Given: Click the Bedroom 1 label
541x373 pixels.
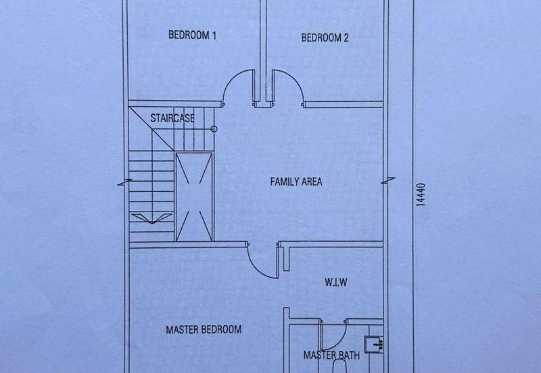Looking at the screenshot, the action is (x=192, y=35).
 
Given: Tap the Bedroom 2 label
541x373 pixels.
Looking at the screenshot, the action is (x=325, y=38).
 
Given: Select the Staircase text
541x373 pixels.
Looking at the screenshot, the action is (x=172, y=118).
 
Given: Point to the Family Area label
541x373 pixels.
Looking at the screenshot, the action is (x=296, y=182).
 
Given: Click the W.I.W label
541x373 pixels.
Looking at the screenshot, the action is (x=335, y=282).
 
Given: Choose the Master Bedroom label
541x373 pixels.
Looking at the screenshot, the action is (x=204, y=330).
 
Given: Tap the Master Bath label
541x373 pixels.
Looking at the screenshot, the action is (x=331, y=355).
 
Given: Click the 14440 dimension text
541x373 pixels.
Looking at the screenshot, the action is (x=421, y=195).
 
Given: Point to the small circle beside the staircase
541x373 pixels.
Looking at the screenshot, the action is (x=214, y=129).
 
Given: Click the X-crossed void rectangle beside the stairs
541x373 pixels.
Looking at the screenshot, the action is (x=194, y=197).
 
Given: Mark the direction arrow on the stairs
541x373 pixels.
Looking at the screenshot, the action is (x=151, y=218).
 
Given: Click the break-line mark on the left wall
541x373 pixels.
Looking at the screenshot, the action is (x=124, y=182).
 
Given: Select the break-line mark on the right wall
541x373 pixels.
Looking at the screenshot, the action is (x=388, y=180).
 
